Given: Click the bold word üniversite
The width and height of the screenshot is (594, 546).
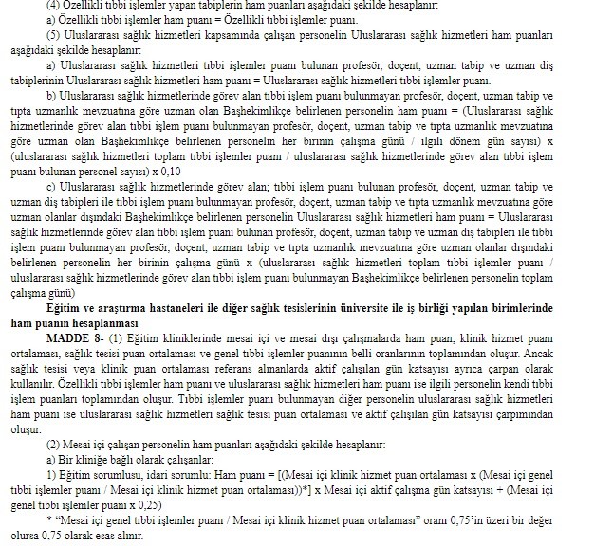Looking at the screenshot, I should pyautogui.click(x=396, y=308).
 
